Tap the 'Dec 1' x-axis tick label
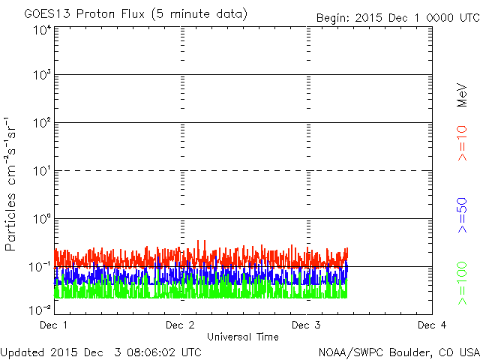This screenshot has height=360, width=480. [x=54, y=325]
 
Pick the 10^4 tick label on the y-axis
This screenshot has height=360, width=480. [x=41, y=30]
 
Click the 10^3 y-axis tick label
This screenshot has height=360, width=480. [x=41, y=76]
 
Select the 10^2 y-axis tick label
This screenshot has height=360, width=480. [x=41, y=124]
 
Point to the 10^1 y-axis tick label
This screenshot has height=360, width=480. [x=41, y=172]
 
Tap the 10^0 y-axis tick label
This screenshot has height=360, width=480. [x=41, y=220]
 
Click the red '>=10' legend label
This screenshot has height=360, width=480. [x=463, y=145]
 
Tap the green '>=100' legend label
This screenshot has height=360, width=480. [x=463, y=282]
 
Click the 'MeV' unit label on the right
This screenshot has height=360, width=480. [x=463, y=94]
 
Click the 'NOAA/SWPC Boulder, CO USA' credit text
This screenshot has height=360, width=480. [x=398, y=351]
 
